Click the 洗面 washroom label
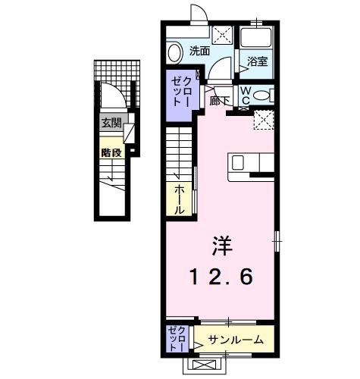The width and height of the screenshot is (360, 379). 199,51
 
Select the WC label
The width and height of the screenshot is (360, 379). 246,94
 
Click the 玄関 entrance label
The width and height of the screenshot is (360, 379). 111,124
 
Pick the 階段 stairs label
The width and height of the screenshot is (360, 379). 111,152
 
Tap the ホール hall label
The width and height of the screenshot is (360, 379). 180,198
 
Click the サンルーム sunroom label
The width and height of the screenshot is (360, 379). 236,340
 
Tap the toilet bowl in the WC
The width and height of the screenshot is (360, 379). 261,95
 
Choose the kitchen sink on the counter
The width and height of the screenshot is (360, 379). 238,161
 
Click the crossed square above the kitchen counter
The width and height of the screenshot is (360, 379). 263,120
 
